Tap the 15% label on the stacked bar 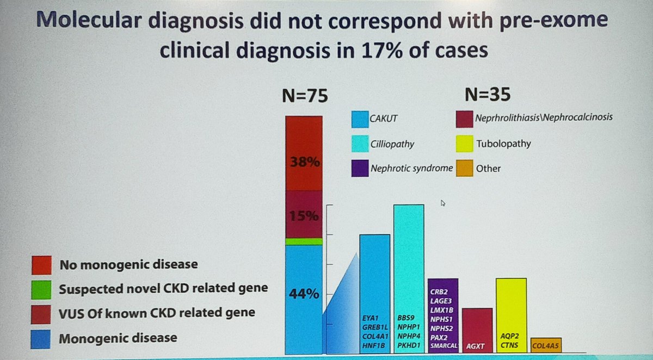click(303, 215)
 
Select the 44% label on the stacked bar click(303, 294)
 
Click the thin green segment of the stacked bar click(304, 241)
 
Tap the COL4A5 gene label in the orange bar click(546, 345)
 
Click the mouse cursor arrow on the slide click(443, 203)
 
